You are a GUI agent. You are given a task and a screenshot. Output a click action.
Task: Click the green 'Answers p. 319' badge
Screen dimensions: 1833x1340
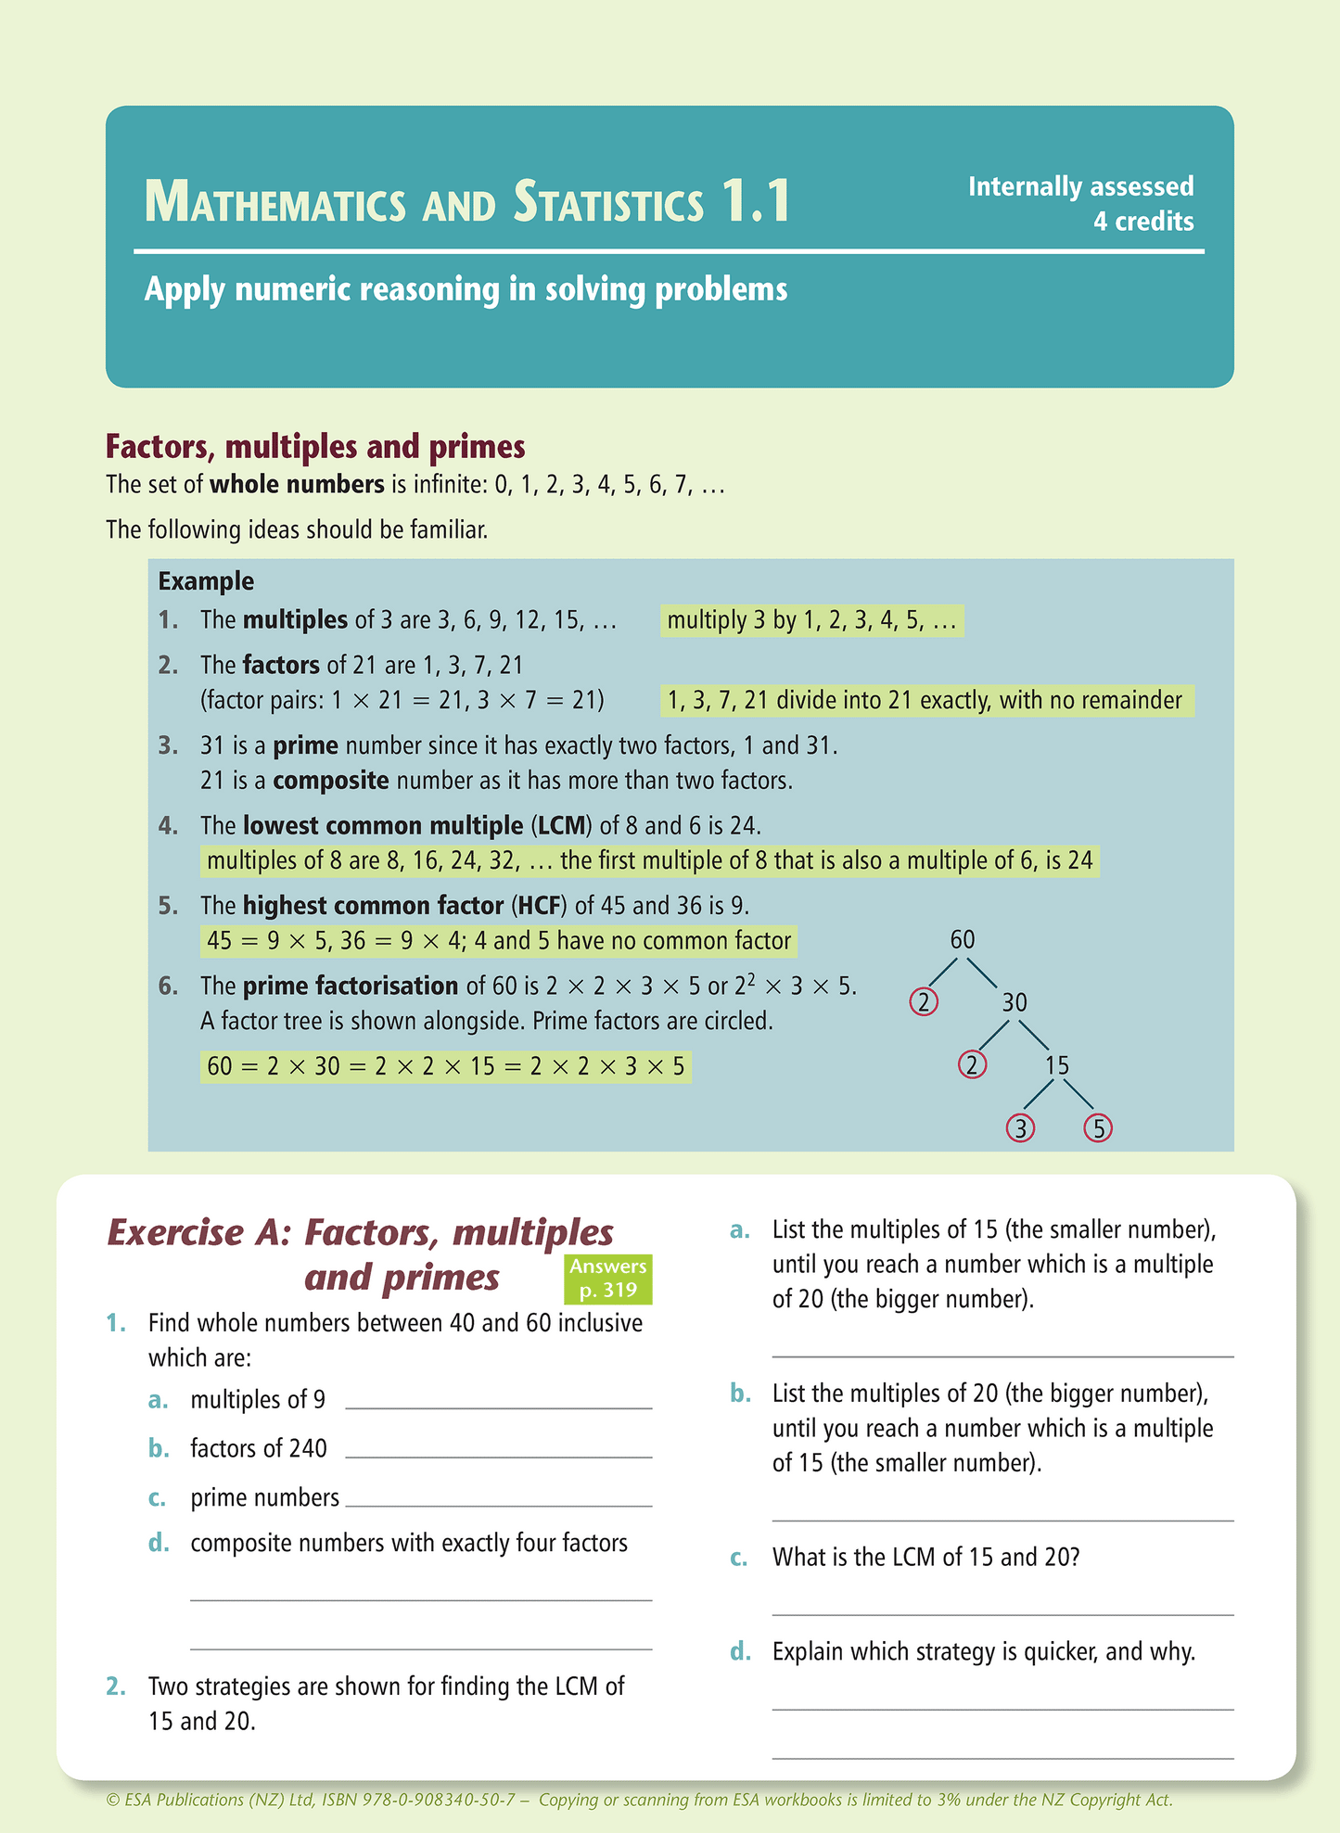[607, 1278]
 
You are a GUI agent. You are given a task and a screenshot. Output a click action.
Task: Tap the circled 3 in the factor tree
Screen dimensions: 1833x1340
[1020, 1127]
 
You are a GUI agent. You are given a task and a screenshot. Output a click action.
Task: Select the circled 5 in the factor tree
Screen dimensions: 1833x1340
[1098, 1127]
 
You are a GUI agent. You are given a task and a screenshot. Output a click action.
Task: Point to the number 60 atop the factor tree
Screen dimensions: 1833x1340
[963, 939]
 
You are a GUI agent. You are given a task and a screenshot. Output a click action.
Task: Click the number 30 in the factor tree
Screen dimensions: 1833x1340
[1015, 1002]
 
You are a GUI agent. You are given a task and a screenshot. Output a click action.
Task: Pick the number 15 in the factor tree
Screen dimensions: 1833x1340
[1057, 1065]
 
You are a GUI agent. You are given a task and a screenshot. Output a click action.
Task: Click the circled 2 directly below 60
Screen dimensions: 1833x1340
[924, 1002]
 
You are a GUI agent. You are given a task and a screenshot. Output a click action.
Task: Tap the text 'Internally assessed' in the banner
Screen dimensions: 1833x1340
[1080, 186]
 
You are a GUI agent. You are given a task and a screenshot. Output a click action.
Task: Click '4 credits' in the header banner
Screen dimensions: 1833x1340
[1142, 222]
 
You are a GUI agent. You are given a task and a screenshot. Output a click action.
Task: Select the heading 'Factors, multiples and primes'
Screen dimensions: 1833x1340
[315, 446]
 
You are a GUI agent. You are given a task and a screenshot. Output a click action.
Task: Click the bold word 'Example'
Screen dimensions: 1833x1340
[206, 581]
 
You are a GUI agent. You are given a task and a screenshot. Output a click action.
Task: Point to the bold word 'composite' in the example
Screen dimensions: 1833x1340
[330, 780]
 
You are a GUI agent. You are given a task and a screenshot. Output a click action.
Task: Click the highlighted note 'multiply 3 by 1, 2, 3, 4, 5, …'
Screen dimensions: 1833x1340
[811, 620]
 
